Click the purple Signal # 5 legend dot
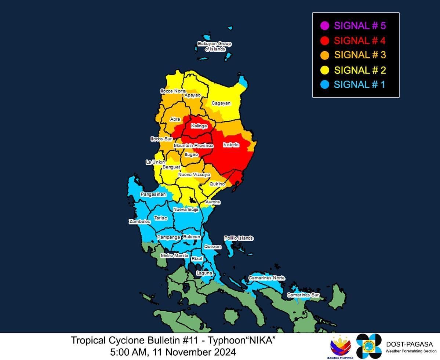[324, 26]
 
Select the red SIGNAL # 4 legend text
[360, 40]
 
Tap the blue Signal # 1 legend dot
[324, 84]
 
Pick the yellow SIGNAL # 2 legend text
[360, 70]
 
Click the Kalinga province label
[199, 126]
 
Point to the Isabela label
[231, 145]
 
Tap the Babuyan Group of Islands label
[215, 46]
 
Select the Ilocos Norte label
[173, 91]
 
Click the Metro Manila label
[174, 255]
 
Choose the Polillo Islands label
[239, 238]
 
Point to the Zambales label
[139, 222]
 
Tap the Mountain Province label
[193, 146]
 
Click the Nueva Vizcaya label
[194, 175]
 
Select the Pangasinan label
[153, 194]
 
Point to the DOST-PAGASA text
[409, 344]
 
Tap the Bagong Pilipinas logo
[341, 347]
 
